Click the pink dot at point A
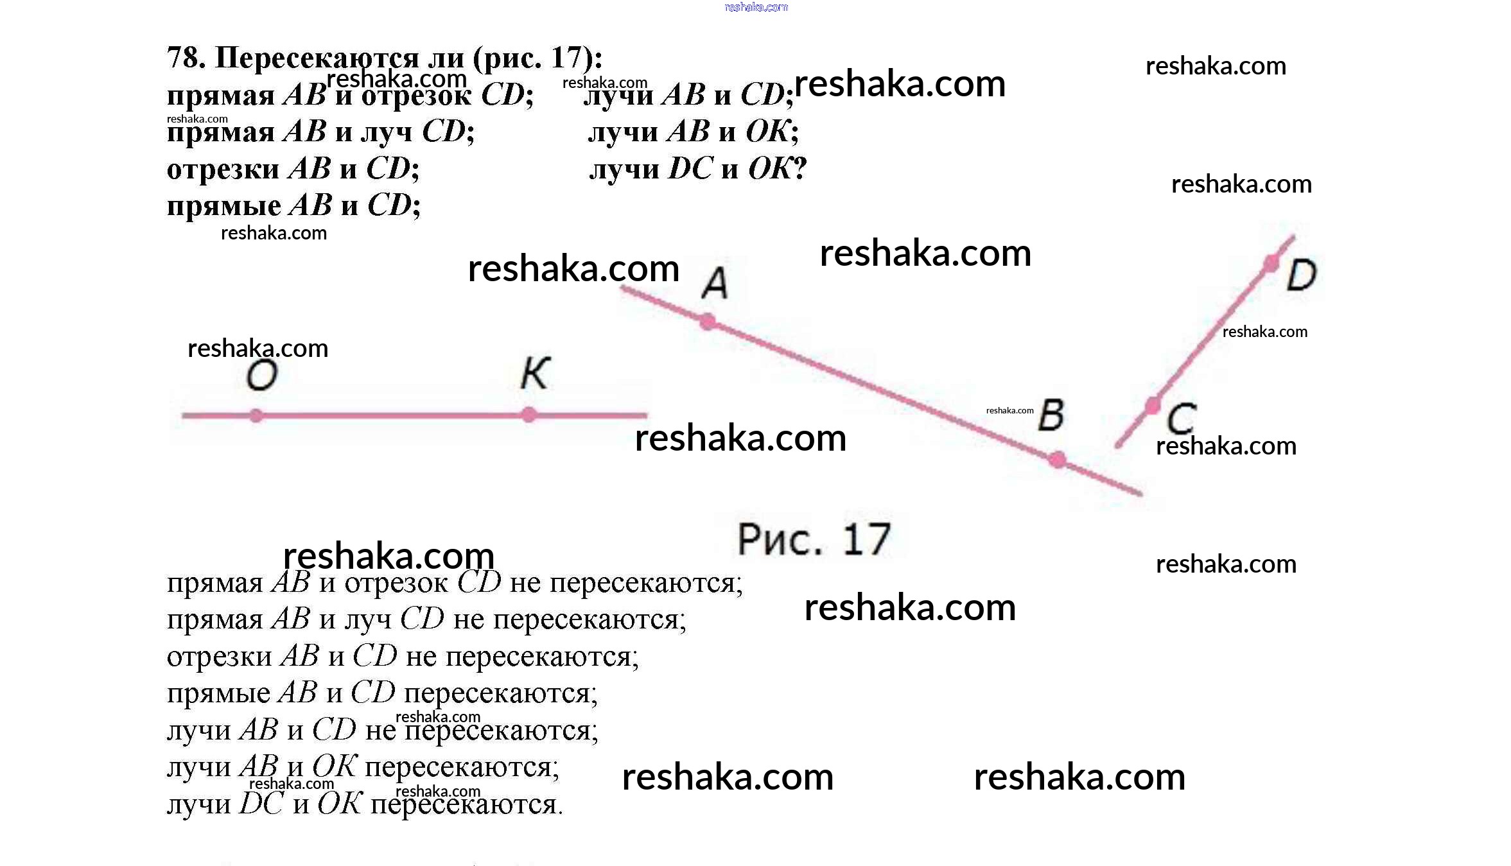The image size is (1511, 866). pyautogui.click(x=707, y=321)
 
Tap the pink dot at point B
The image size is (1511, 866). pyautogui.click(x=1057, y=460)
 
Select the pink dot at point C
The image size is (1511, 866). pyautogui.click(x=1153, y=406)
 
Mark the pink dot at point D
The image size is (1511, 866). pyautogui.click(x=1271, y=263)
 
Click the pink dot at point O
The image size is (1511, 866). pyautogui.click(x=256, y=416)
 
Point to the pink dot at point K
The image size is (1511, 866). pyautogui.click(x=528, y=415)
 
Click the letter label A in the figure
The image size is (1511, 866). pyautogui.click(x=715, y=283)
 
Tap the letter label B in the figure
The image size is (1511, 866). pyautogui.click(x=1051, y=415)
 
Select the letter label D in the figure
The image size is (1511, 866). pyautogui.click(x=1302, y=275)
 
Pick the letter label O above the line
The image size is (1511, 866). pyautogui.click(x=262, y=376)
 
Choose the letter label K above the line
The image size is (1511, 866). pyautogui.click(x=536, y=373)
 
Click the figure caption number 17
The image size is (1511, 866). pyautogui.click(x=866, y=539)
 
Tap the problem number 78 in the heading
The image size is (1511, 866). pyautogui.click(x=186, y=58)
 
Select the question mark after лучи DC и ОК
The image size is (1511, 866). pyautogui.click(x=799, y=168)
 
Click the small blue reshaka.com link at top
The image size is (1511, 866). pyautogui.click(x=756, y=7)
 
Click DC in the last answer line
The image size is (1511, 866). pyautogui.click(x=261, y=803)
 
